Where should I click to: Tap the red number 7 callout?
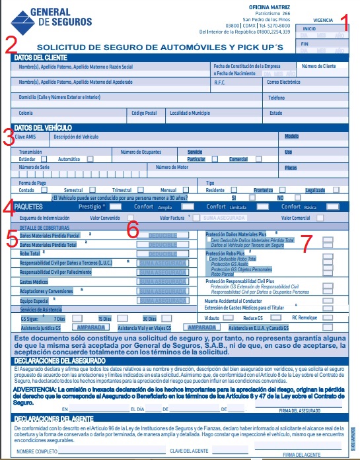(x=306, y=242)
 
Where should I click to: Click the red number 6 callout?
(x=133, y=229)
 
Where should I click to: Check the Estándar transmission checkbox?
(x=44, y=159)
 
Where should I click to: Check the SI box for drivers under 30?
(x=252, y=197)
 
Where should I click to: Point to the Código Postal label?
(x=145, y=113)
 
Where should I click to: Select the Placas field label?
(x=291, y=168)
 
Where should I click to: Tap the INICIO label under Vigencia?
(x=309, y=29)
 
